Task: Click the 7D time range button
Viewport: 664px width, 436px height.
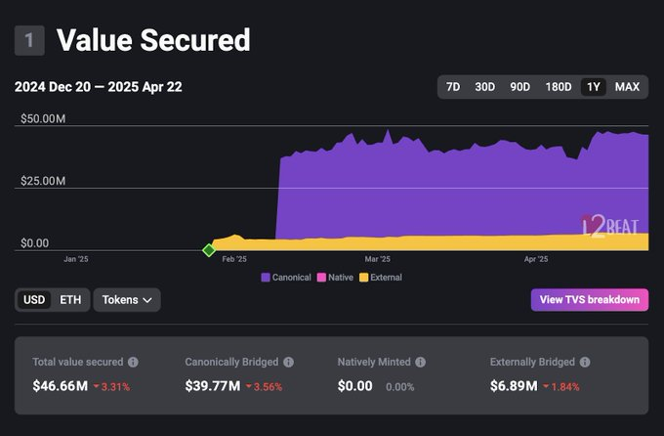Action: (x=453, y=87)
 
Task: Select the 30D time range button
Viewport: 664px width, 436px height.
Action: (x=484, y=87)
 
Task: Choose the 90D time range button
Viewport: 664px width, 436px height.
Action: (x=519, y=87)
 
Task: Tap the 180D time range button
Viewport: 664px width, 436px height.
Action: (x=559, y=87)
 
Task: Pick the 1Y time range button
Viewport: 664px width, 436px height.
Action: (x=593, y=87)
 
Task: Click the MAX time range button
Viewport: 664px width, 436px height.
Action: (x=627, y=87)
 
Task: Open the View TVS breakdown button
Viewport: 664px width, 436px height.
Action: (x=590, y=299)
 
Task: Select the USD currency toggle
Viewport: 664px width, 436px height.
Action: (x=34, y=300)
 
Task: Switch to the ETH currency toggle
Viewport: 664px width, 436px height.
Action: (x=70, y=300)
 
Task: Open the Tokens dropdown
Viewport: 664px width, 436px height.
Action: (x=127, y=300)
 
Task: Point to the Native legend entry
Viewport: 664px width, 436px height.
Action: (x=336, y=278)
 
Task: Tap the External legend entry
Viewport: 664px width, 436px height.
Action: (x=381, y=278)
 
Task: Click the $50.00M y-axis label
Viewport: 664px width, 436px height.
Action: (x=43, y=118)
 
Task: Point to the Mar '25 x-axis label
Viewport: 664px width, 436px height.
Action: (x=377, y=260)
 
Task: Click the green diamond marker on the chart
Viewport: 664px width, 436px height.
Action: (x=208, y=250)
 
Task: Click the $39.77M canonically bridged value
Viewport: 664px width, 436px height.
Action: (x=212, y=386)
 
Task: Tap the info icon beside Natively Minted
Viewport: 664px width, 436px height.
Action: (x=420, y=362)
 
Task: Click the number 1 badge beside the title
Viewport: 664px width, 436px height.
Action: (x=29, y=40)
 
